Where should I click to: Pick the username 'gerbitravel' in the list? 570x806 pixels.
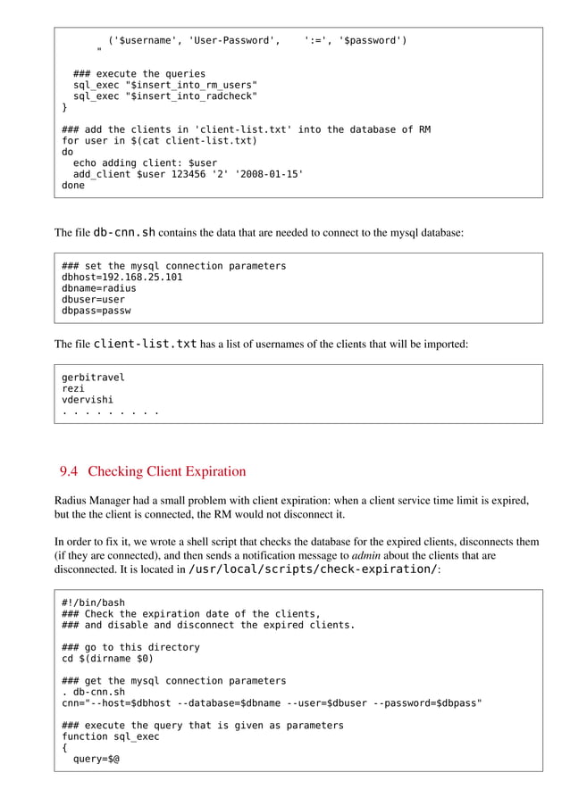pos(93,377)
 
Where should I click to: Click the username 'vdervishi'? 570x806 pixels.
pos(88,400)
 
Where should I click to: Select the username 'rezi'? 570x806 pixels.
pos(73,388)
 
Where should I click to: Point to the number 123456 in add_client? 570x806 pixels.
pos(191,175)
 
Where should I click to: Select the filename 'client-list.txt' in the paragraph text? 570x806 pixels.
pos(146,344)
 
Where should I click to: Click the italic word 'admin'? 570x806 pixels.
pos(364,554)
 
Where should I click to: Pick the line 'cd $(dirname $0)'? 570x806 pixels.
pos(107,659)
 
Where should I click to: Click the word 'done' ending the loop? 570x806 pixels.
pos(73,187)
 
